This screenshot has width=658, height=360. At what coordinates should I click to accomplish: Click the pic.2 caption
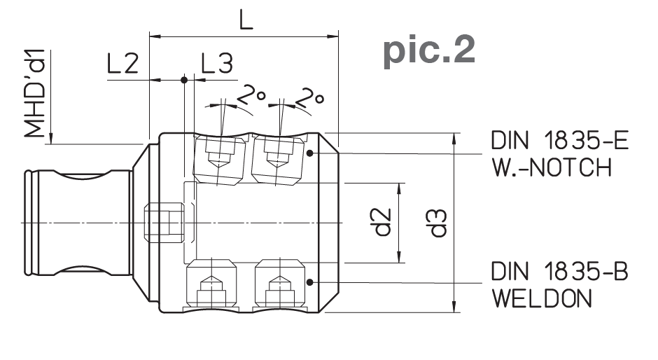point(428,51)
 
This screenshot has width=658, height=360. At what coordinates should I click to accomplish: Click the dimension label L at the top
point(244,20)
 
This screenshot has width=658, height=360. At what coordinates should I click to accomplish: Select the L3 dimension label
point(216,64)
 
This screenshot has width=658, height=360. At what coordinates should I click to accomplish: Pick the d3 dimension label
point(439,223)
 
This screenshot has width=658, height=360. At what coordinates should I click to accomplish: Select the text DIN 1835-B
point(559,272)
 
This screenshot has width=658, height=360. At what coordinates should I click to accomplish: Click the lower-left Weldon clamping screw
point(211,284)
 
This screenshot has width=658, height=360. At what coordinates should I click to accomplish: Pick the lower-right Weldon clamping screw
point(278,284)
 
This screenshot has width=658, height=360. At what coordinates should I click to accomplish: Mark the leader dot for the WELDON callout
point(309,282)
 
